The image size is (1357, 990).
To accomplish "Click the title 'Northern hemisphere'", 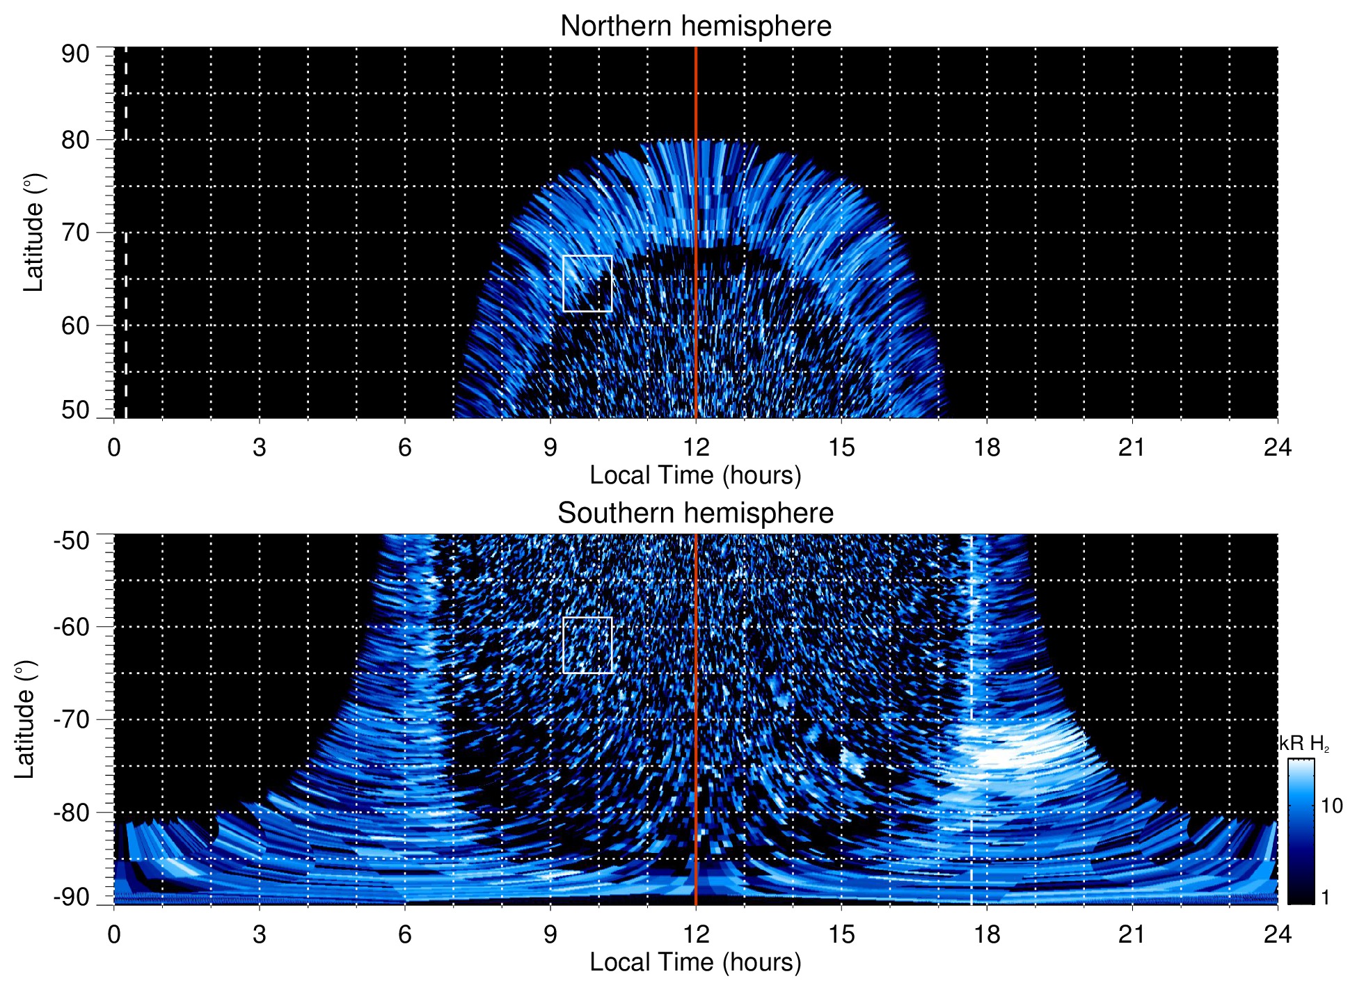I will (x=695, y=26).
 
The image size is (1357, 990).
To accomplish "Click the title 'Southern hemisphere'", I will (x=695, y=513).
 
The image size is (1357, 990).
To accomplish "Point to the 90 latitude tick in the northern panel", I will (x=75, y=54).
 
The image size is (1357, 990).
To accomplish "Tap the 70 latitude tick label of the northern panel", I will (x=75, y=232).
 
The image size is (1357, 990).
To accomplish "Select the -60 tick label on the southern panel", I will (x=72, y=627).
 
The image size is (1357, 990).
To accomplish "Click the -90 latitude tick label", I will (x=72, y=897).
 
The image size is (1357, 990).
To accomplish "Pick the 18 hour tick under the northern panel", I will (x=987, y=447).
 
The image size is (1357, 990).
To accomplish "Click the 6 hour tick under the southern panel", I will (x=404, y=934).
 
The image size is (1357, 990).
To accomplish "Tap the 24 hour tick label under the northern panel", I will (x=1277, y=447).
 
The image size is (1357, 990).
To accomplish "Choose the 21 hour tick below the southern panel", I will (x=1132, y=934).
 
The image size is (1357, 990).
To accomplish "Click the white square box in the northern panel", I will (x=587, y=283).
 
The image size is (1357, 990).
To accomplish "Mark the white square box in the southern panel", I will (x=587, y=645).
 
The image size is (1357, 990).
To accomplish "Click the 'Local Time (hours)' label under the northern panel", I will (x=695, y=476).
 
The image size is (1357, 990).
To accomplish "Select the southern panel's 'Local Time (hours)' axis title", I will (x=695, y=963).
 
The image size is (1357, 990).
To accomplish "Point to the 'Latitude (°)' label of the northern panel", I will (x=33, y=232).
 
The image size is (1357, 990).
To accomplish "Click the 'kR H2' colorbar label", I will (x=1304, y=744).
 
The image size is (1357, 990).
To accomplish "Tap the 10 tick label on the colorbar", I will (x=1331, y=806).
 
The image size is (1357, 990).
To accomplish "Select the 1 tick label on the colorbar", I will (x=1325, y=897).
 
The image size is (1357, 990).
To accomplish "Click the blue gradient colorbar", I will (x=1300, y=831).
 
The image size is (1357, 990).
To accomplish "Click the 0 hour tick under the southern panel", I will (x=114, y=934).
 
